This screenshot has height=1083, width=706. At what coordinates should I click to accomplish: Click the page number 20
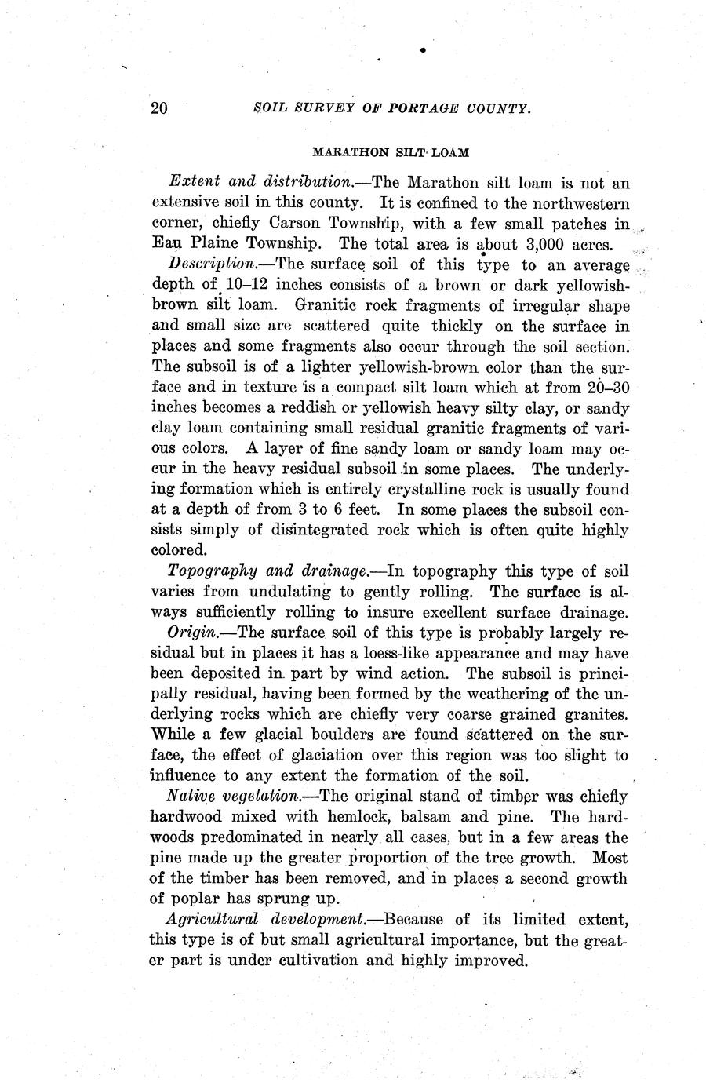pos(158,108)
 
